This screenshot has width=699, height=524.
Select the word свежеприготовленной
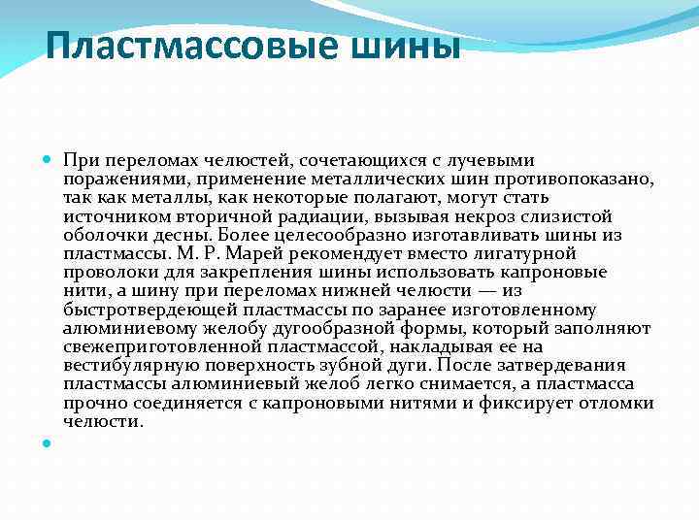[x=162, y=347]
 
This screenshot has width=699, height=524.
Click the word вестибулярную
[x=128, y=366]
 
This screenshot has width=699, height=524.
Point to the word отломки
[x=618, y=404]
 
